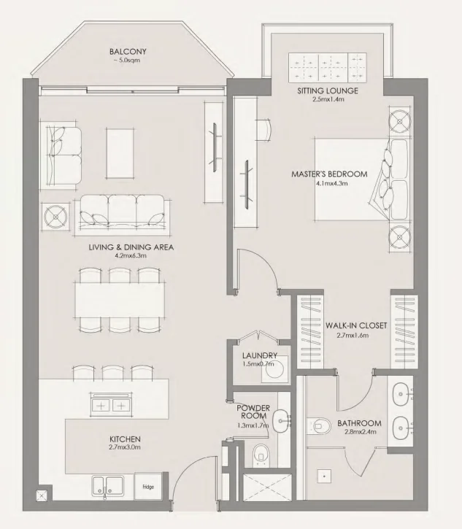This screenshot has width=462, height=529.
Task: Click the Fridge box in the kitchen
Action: pyautogui.click(x=149, y=485)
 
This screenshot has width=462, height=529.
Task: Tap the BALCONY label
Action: pyautogui.click(x=128, y=52)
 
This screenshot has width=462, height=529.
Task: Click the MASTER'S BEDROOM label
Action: pyautogui.click(x=329, y=174)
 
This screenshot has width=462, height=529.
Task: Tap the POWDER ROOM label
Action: pyautogui.click(x=253, y=412)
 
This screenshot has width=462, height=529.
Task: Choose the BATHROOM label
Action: pyautogui.click(x=359, y=423)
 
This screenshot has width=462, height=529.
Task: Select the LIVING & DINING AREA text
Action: pyautogui.click(x=131, y=247)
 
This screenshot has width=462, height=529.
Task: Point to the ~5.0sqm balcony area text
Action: pyautogui.click(x=128, y=61)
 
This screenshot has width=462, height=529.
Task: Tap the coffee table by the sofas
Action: pyautogui.click(x=120, y=151)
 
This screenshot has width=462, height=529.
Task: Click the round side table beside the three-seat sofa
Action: pyautogui.click(x=56, y=216)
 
